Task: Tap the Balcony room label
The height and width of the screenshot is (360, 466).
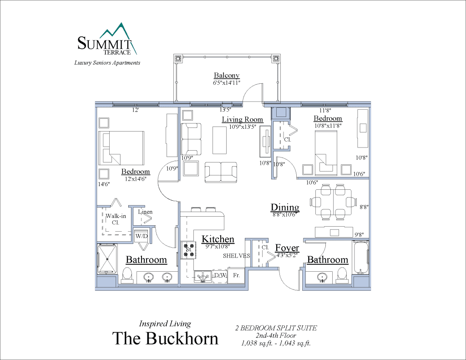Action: [x=227, y=76]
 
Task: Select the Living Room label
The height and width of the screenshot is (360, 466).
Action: [x=243, y=120]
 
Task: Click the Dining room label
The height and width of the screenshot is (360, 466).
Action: [x=285, y=208]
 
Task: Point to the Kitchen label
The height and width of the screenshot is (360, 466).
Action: [x=218, y=239]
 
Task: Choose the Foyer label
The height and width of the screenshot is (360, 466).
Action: [x=287, y=248]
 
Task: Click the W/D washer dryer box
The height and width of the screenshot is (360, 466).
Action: [x=141, y=236]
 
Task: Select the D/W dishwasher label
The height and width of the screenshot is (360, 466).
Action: [x=220, y=276]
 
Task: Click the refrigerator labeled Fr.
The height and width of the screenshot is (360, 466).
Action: [x=236, y=276]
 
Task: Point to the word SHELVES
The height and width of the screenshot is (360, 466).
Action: [x=236, y=256]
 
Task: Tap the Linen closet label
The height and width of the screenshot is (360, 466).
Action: [x=146, y=212]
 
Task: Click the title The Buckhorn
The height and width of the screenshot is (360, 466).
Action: [x=165, y=338]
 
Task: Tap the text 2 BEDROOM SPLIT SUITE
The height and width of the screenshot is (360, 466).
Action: [x=276, y=328]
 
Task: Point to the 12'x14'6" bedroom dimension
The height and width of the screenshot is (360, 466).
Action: [x=136, y=178]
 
